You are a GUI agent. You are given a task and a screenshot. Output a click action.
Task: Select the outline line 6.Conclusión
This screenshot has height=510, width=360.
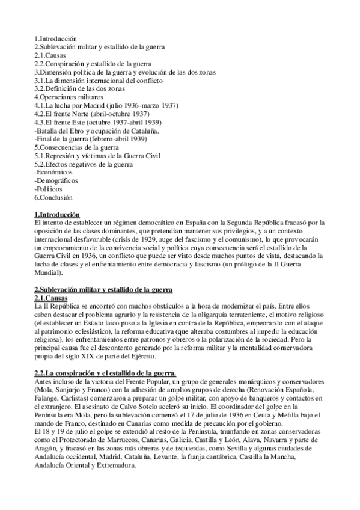[53, 197]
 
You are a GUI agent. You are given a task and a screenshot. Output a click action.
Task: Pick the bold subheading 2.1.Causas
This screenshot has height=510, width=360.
[51, 298]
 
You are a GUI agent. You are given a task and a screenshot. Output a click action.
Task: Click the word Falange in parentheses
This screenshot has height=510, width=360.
[48, 399]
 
